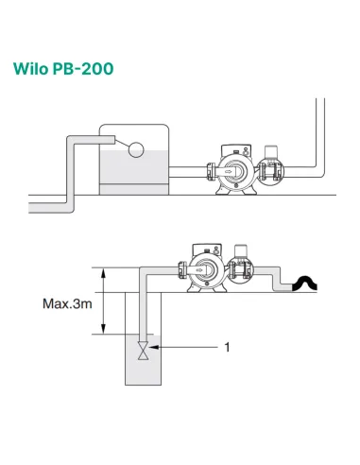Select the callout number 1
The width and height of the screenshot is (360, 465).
[227, 347]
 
